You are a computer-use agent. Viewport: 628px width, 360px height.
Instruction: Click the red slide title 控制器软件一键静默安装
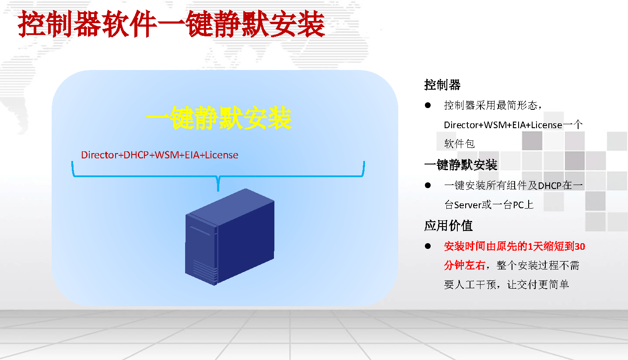click(171, 24)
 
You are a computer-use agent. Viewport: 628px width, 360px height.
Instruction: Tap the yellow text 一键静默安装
click(219, 118)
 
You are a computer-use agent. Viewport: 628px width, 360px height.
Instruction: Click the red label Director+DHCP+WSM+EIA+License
click(160, 155)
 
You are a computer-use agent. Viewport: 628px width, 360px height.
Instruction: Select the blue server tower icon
click(230, 237)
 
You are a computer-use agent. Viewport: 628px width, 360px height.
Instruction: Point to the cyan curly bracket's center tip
click(218, 191)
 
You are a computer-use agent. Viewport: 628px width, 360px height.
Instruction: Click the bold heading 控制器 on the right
click(442, 85)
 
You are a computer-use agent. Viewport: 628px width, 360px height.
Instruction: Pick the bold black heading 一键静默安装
click(461, 165)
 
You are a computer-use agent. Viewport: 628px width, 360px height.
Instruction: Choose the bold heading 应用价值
click(448, 226)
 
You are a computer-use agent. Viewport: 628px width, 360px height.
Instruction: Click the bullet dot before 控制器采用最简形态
click(428, 105)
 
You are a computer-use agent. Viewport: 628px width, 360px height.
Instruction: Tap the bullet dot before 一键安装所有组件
click(428, 185)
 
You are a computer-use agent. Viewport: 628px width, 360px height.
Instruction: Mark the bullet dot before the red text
click(428, 246)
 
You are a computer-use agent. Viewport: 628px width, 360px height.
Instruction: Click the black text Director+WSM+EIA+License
click(503, 125)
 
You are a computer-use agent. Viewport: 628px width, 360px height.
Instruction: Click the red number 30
click(580, 247)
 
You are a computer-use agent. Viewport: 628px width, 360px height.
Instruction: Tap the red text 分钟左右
click(465, 266)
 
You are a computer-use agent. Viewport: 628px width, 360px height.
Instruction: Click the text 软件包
click(460, 144)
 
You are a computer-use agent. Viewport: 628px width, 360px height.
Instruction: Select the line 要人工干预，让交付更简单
click(506, 285)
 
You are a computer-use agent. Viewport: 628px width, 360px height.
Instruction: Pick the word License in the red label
click(221, 155)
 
